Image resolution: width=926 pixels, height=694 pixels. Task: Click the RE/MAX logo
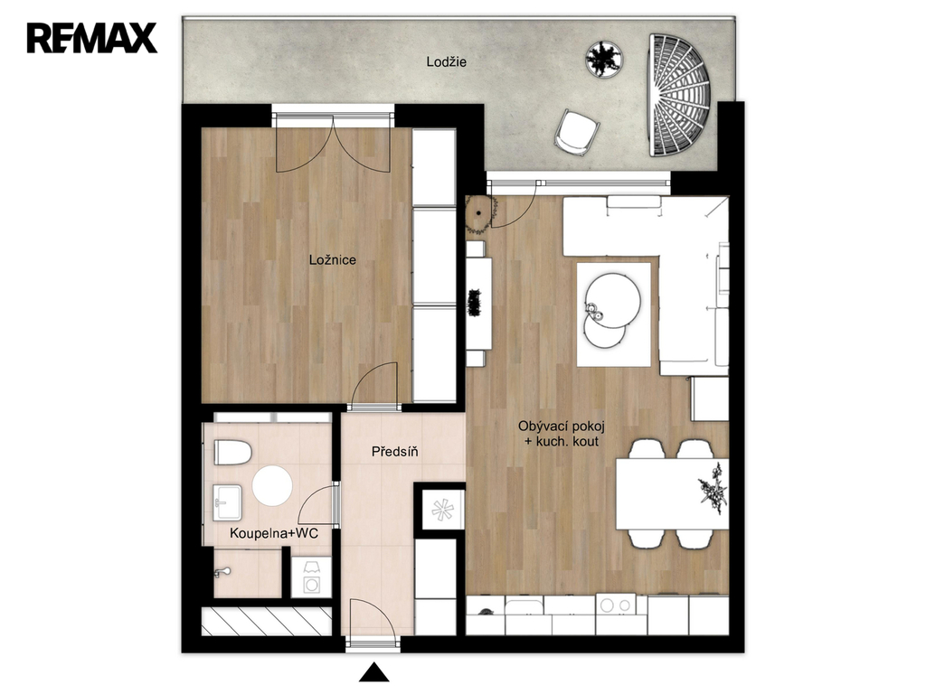(91, 38)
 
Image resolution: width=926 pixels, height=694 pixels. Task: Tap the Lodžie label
(447, 61)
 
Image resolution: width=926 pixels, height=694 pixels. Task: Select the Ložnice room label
(333, 259)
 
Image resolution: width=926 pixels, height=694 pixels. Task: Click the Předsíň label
(395, 452)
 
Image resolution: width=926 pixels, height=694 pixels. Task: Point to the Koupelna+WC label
(274, 533)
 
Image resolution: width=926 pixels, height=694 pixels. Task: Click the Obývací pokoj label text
(562, 426)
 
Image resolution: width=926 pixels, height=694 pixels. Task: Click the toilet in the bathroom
(232, 452)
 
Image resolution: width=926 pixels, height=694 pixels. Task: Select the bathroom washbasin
(227, 502)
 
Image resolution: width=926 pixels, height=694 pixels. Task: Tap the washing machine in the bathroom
(311, 577)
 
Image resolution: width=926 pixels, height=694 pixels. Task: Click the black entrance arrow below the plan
(373, 672)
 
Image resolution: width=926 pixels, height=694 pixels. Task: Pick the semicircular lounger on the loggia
(679, 95)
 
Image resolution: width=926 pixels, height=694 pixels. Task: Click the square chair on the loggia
(576, 133)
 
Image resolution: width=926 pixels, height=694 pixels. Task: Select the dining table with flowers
(672, 494)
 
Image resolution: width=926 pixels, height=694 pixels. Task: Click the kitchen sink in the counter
(524, 606)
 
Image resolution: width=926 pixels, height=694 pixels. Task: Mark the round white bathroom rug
(272, 485)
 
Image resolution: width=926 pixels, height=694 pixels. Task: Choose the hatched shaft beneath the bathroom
(267, 622)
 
